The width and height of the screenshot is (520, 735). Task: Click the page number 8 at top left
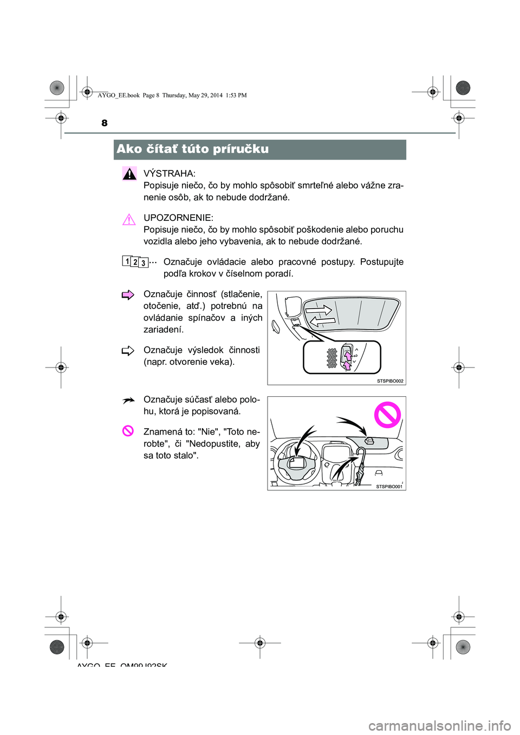tap(105, 123)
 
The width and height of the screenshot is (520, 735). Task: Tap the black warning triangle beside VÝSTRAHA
tap(129, 174)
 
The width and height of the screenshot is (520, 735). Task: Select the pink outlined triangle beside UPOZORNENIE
tap(129, 220)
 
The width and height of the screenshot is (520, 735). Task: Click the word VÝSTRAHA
tap(169, 174)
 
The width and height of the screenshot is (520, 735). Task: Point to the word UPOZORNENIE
tap(178, 218)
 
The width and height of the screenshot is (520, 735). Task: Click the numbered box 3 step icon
tap(143, 264)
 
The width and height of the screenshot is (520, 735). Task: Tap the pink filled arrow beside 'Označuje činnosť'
tap(128, 295)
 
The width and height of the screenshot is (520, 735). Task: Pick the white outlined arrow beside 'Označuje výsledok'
tap(128, 351)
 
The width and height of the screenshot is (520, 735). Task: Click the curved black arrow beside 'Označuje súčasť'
tap(128, 401)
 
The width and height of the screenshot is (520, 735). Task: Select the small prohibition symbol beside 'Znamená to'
tap(128, 431)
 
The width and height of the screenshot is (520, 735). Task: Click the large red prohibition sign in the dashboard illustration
tap(387, 415)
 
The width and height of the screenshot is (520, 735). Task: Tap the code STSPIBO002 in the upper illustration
tap(390, 381)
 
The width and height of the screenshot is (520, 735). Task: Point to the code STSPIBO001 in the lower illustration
tap(389, 487)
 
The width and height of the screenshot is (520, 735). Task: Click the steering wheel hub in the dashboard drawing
tap(297, 462)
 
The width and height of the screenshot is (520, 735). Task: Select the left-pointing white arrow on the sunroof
tap(323, 322)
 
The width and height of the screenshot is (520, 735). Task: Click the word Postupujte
tap(382, 262)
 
